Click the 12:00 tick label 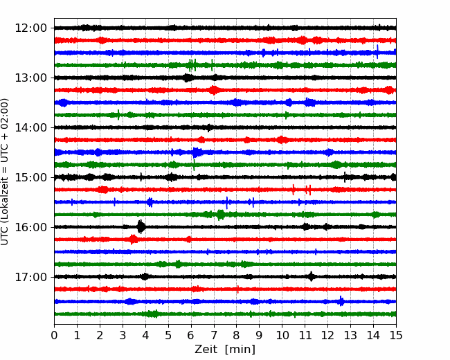pyautogui.click(x=30, y=28)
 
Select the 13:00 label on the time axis pyautogui.click(x=30, y=78)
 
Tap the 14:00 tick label pyautogui.click(x=30, y=127)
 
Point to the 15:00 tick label pyautogui.click(x=30, y=177)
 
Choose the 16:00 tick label pyautogui.click(x=30, y=227)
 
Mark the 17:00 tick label pyautogui.click(x=30, y=277)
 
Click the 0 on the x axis pyautogui.click(x=54, y=335)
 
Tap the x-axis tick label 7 pyautogui.click(x=214, y=335)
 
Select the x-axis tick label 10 pyautogui.click(x=282, y=335)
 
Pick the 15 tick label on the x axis pyautogui.click(x=396, y=335)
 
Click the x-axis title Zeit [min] pyautogui.click(x=225, y=350)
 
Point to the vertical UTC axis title pyautogui.click(x=5, y=172)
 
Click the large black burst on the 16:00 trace pyautogui.click(x=141, y=227)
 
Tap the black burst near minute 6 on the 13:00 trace pyautogui.click(x=188, y=78)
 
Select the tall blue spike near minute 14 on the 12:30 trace pyautogui.click(x=377, y=52)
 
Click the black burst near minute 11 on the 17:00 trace pyautogui.click(x=312, y=276)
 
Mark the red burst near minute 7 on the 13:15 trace pyautogui.click(x=213, y=90)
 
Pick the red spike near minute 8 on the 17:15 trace pyautogui.click(x=238, y=289)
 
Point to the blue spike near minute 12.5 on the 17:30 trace pyautogui.click(x=341, y=301)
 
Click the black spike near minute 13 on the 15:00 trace pyautogui.click(x=345, y=177)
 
